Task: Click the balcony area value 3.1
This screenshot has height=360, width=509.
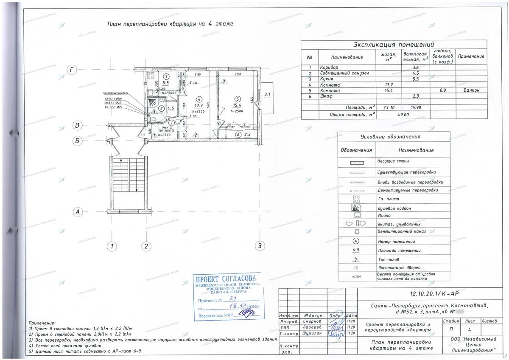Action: tap(266, 95)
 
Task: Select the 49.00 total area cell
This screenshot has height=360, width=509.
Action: tap(403, 115)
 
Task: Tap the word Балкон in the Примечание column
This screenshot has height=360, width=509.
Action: tap(471, 91)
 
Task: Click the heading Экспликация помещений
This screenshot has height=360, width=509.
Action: tap(394, 45)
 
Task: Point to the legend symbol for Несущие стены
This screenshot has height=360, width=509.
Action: tap(356, 162)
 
